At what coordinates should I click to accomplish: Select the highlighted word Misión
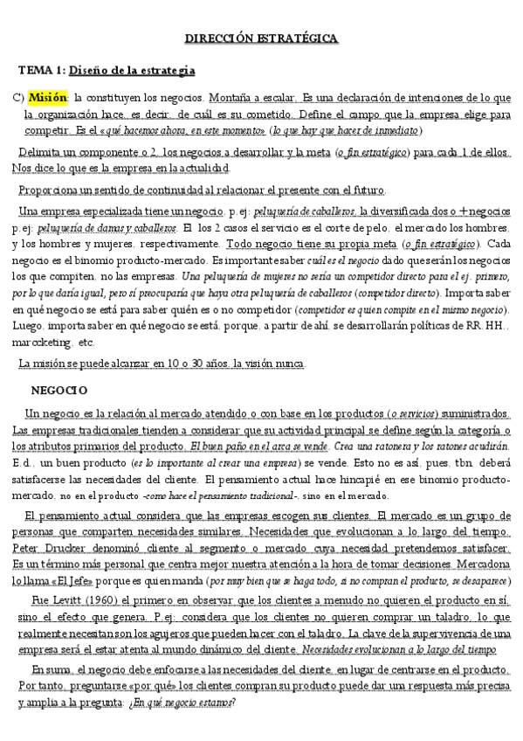coord(45,96)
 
